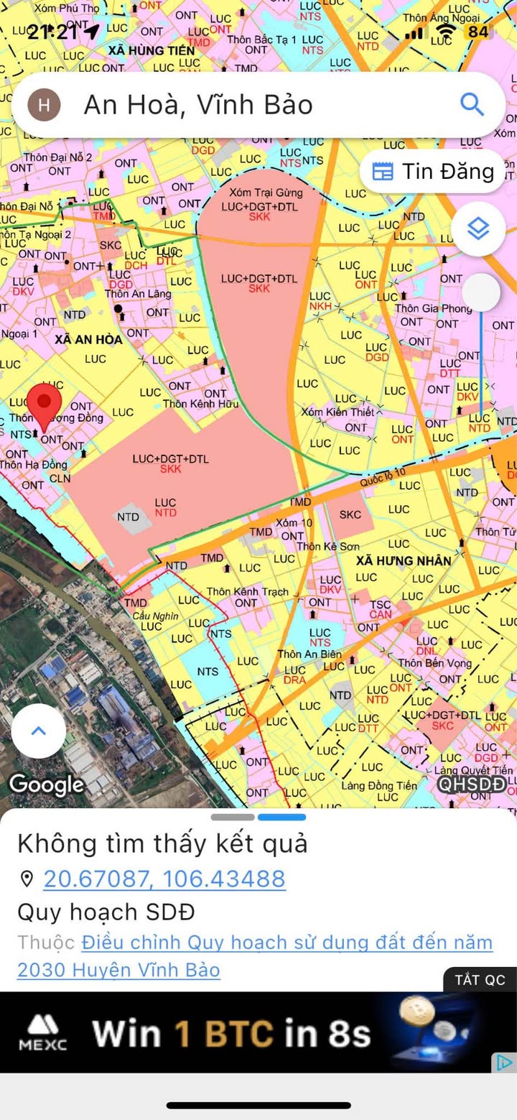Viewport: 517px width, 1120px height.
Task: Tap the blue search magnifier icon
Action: coord(472,105)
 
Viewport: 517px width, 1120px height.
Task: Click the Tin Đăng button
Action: coord(434,171)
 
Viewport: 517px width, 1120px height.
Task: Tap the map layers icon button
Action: coord(478,229)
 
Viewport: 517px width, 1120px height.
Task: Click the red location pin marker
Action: coord(45,404)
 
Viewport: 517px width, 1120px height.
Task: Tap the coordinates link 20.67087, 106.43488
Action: coord(164,878)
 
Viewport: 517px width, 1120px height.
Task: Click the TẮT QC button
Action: coord(480,980)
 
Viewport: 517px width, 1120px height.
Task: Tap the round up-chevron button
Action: coord(39,731)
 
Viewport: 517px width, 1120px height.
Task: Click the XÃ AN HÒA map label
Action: coord(88,339)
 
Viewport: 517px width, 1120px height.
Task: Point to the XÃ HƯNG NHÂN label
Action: coord(403,560)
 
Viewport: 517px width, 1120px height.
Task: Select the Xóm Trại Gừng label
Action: coord(266,193)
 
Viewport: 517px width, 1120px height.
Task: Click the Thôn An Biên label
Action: coord(309,654)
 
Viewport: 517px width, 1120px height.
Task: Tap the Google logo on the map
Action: coord(46,784)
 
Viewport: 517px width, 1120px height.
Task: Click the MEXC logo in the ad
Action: coord(47,1032)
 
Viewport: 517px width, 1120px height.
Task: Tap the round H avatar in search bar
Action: coord(45,105)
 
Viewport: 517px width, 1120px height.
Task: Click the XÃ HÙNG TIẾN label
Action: coord(152,50)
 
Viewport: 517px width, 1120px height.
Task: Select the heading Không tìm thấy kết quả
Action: coord(162,843)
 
